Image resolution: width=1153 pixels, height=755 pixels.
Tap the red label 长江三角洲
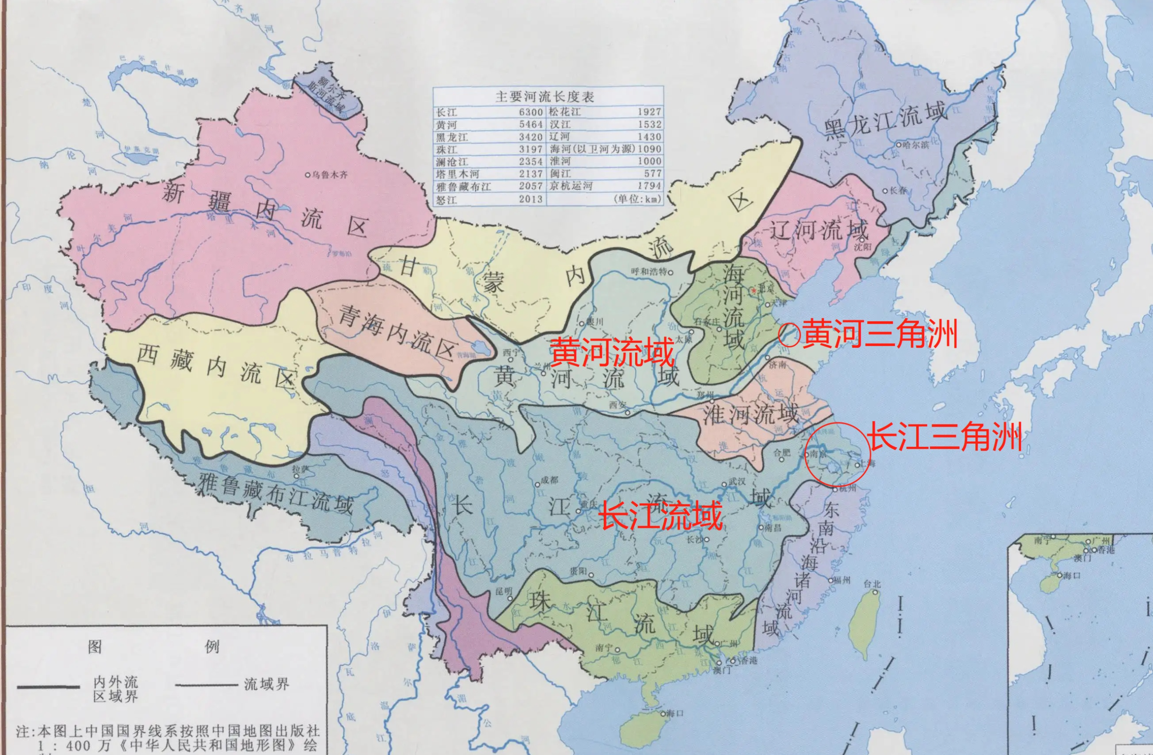tap(945, 437)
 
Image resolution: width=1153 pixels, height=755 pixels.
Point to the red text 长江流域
tap(662, 515)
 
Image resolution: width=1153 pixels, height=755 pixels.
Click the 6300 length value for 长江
tap(531, 112)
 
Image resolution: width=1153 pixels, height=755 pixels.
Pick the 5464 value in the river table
tap(531, 125)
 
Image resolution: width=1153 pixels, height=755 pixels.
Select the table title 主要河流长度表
tap(544, 96)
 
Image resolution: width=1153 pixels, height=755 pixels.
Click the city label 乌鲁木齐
tap(330, 174)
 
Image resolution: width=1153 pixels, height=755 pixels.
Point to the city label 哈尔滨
tap(915, 145)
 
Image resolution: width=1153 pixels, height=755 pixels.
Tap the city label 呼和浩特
tap(649, 272)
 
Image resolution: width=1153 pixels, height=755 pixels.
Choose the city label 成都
tap(549, 480)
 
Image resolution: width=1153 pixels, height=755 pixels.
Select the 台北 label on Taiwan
tap(872, 585)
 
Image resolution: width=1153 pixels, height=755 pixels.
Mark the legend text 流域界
tap(266, 684)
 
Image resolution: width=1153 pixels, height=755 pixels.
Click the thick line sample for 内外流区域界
tap(48, 687)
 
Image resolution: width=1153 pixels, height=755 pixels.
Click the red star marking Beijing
tap(754, 290)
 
